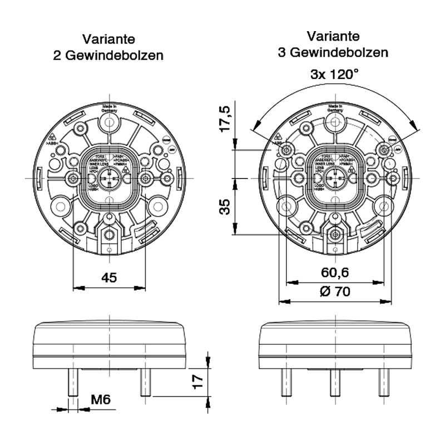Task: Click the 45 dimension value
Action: (x=110, y=278)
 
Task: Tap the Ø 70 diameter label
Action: (x=335, y=292)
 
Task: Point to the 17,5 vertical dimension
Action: (x=225, y=118)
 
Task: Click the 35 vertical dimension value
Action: (x=225, y=207)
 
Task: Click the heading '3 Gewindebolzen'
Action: (x=333, y=52)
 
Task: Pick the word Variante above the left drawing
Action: (x=108, y=39)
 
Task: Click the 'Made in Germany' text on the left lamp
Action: (x=110, y=108)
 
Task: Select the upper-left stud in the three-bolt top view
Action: (x=286, y=150)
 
